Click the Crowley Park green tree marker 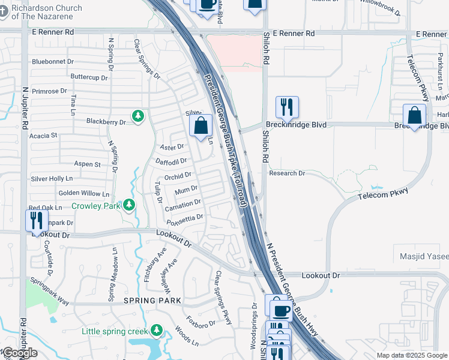pos(129,206)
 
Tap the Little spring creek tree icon pos(157,331)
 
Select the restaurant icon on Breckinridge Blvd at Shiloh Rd pos(287,107)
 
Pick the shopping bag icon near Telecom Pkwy pos(415,115)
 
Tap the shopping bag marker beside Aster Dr pos(202,125)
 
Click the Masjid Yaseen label pos(424,256)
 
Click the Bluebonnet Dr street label pos(53,61)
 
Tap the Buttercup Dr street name pos(89,77)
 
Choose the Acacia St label pos(44,136)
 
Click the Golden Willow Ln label pos(84,194)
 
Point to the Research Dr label pos(287,173)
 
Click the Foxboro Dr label pos(200,322)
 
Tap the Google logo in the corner pos(19,353)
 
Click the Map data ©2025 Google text pos(412,355)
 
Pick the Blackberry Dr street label pos(106,122)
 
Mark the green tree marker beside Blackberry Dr pos(139,115)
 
